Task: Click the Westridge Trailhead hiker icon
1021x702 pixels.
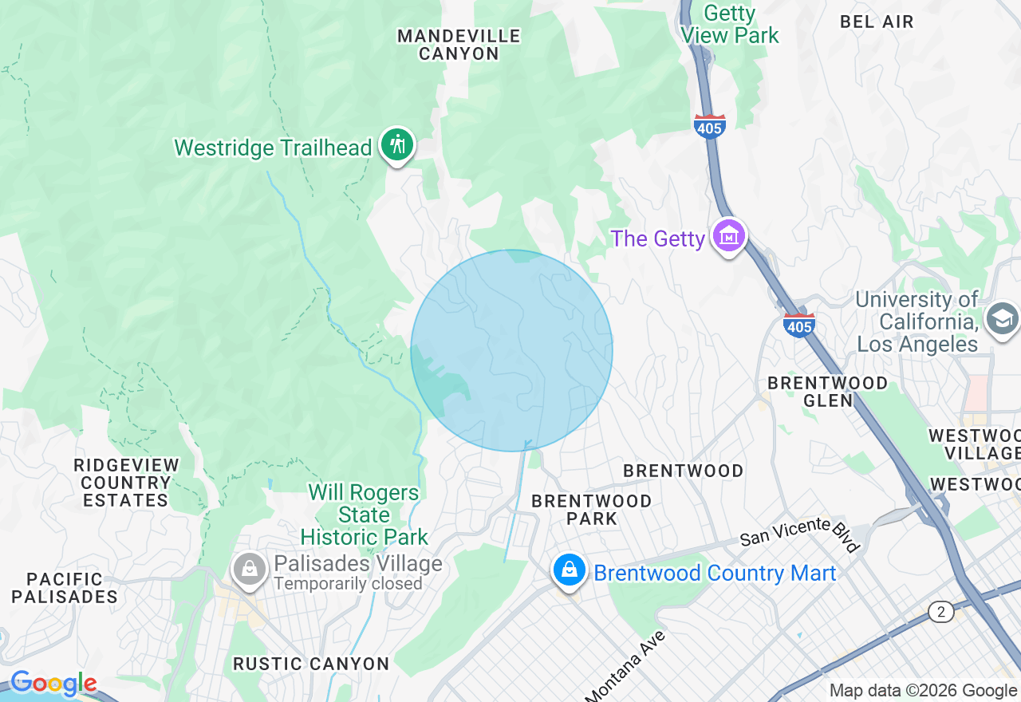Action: click(x=397, y=144)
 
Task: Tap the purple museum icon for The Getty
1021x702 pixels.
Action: click(x=729, y=236)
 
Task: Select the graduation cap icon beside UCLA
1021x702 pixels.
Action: click(x=1001, y=319)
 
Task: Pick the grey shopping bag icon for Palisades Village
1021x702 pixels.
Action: click(x=250, y=570)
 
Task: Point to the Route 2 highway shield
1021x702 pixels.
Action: click(x=942, y=612)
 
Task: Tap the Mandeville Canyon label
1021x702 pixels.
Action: click(x=459, y=45)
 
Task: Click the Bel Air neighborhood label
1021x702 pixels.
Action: click(x=877, y=22)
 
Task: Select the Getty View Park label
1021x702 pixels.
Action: click(x=730, y=25)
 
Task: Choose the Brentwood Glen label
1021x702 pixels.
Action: click(x=827, y=392)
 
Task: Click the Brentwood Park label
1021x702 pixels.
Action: click(x=592, y=510)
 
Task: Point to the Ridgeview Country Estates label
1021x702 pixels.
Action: click(x=126, y=483)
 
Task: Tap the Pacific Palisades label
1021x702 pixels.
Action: click(x=65, y=588)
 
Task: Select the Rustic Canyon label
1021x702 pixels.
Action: click(x=311, y=664)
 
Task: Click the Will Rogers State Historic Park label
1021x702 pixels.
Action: click(x=365, y=515)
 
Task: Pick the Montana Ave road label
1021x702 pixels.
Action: click(x=625, y=666)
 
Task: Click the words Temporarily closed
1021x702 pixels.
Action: click(x=348, y=584)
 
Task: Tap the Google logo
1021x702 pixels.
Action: click(x=53, y=684)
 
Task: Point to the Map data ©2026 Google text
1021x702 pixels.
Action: click(x=923, y=691)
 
